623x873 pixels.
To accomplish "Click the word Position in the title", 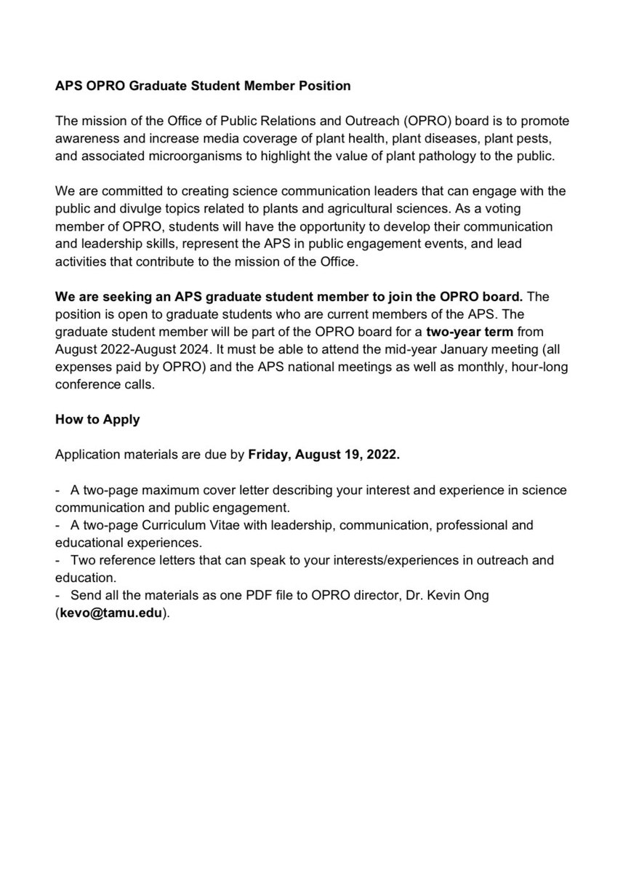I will pos(324,86).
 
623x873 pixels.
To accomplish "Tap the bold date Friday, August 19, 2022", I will pos(323,455).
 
